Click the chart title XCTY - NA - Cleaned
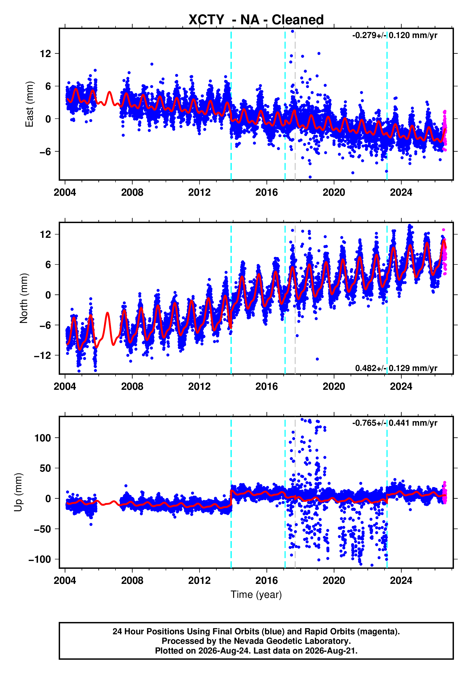pos(256,20)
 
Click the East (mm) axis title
pos(29,104)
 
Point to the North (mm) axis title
pos(24,298)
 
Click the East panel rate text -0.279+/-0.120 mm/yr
pos(395,35)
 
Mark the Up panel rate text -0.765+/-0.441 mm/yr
pos(395,423)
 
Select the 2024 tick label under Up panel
pos(401,580)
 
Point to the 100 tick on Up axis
pos(43,438)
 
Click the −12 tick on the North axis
pos(43,356)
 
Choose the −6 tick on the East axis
pos(45,152)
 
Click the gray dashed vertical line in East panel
pos(295,104)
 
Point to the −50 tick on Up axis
pos(43,529)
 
